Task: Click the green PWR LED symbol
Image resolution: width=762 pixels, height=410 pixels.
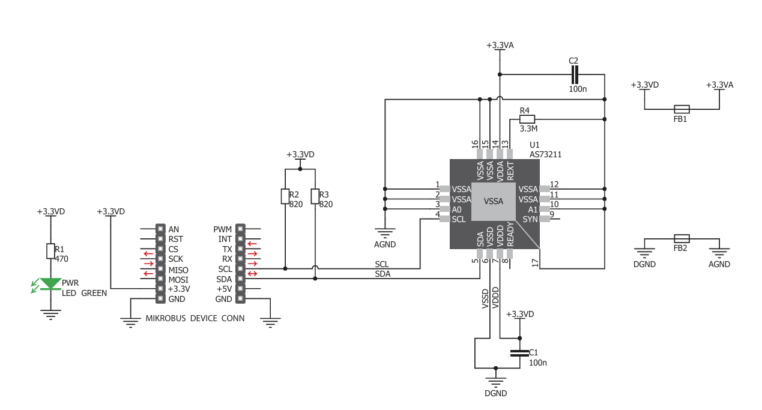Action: (x=50, y=284)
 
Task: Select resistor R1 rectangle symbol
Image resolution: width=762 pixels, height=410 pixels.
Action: (x=50, y=251)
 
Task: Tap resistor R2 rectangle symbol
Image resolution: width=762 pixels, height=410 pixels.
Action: (x=285, y=196)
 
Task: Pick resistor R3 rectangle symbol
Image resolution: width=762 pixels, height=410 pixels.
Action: (x=315, y=196)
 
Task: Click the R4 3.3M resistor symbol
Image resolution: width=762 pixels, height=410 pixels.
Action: (x=527, y=119)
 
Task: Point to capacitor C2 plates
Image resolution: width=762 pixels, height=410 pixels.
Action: (x=575, y=74)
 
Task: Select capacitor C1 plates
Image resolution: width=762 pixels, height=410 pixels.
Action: (x=519, y=353)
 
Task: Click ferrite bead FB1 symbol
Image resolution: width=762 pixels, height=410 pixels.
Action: (x=682, y=109)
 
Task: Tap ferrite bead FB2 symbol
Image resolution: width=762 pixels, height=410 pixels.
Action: (x=682, y=239)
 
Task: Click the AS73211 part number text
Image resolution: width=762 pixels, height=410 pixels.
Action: (x=545, y=155)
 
